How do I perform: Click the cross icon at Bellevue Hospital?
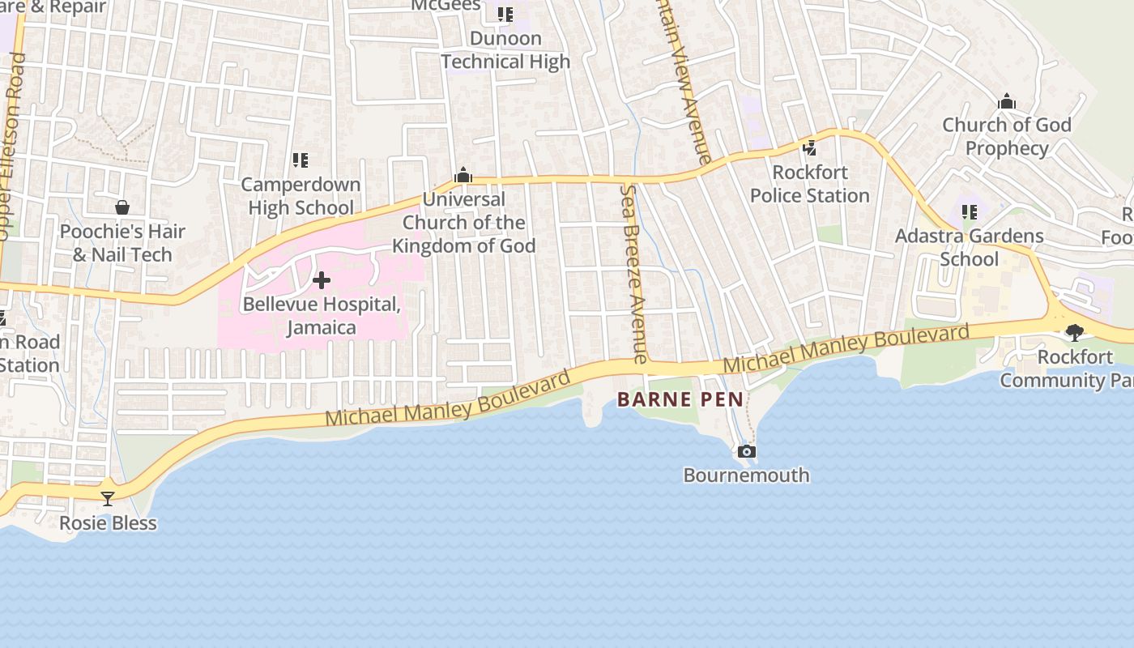(322, 281)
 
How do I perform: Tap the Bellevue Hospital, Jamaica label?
(322, 316)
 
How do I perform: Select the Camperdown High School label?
(301, 196)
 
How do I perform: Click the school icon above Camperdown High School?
(301, 160)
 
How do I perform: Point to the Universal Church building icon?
(463, 175)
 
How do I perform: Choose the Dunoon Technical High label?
(505, 50)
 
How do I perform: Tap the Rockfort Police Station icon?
(809, 147)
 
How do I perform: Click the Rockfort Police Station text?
(809, 184)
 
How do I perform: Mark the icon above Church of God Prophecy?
(1007, 101)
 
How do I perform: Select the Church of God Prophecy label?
(1007, 136)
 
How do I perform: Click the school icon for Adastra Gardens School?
(969, 212)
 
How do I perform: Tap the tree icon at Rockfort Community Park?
(1074, 332)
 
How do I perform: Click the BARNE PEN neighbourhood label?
(680, 399)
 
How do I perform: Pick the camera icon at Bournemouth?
(747, 451)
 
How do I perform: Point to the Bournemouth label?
(747, 475)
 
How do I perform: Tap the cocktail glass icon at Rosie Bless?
(108, 498)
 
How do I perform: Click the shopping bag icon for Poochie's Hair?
(122, 207)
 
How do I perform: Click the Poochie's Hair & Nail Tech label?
(122, 243)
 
